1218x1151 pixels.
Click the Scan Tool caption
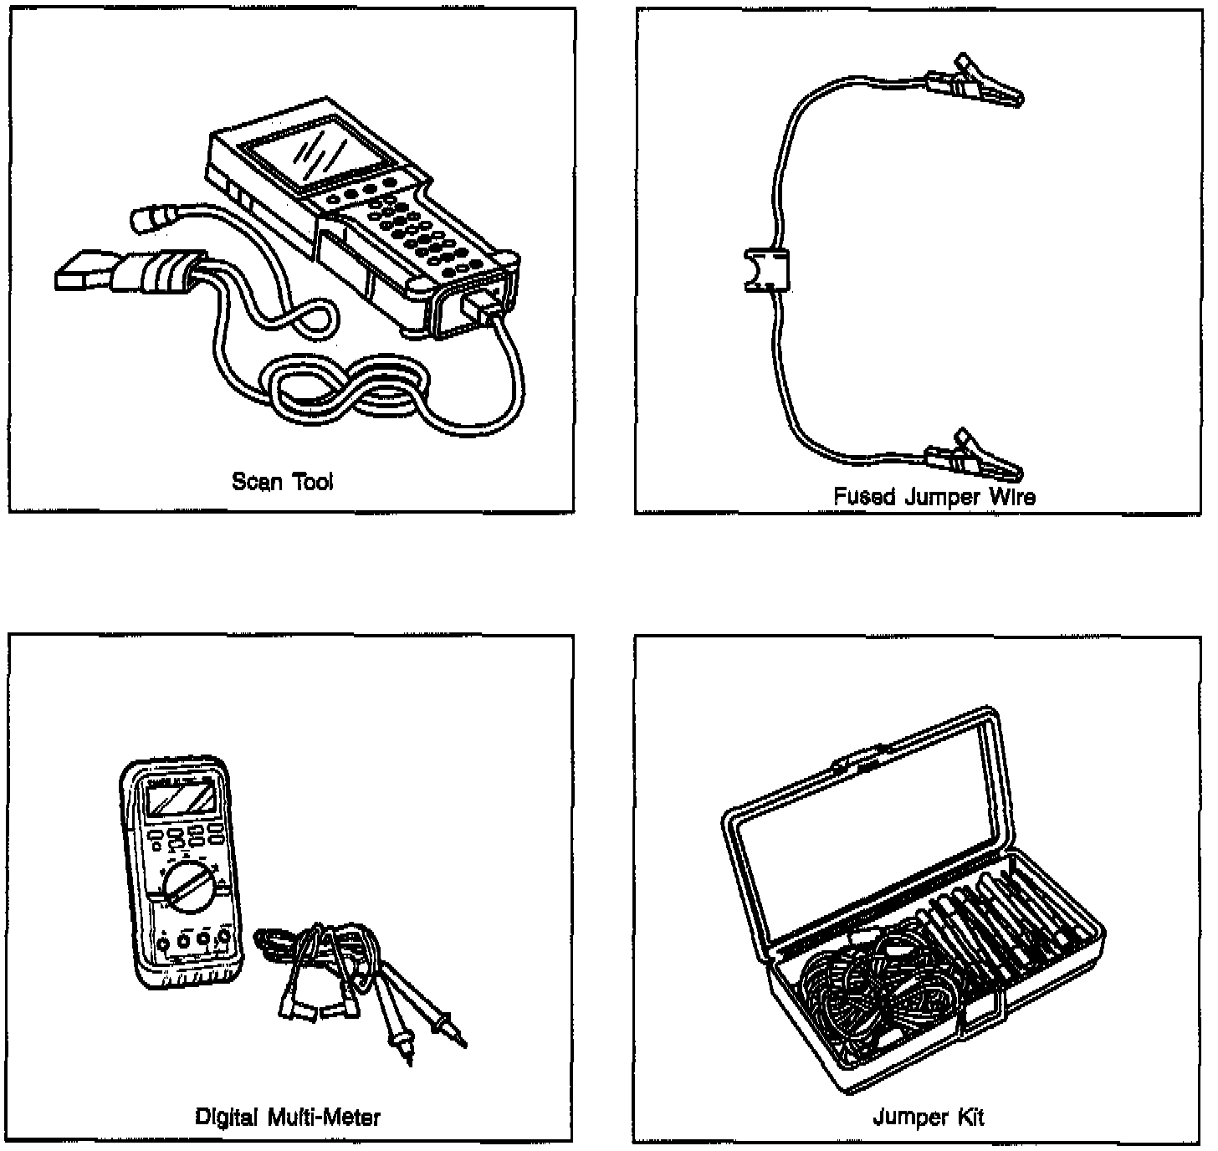pyautogui.click(x=282, y=482)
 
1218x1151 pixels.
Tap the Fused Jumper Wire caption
pyautogui.click(x=934, y=497)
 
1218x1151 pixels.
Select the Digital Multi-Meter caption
pyautogui.click(x=288, y=1116)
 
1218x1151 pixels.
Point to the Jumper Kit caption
pyautogui.click(x=929, y=1117)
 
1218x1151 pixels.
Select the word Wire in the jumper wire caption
pyautogui.click(x=1014, y=497)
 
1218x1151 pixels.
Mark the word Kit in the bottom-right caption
pyautogui.click(x=970, y=1117)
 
